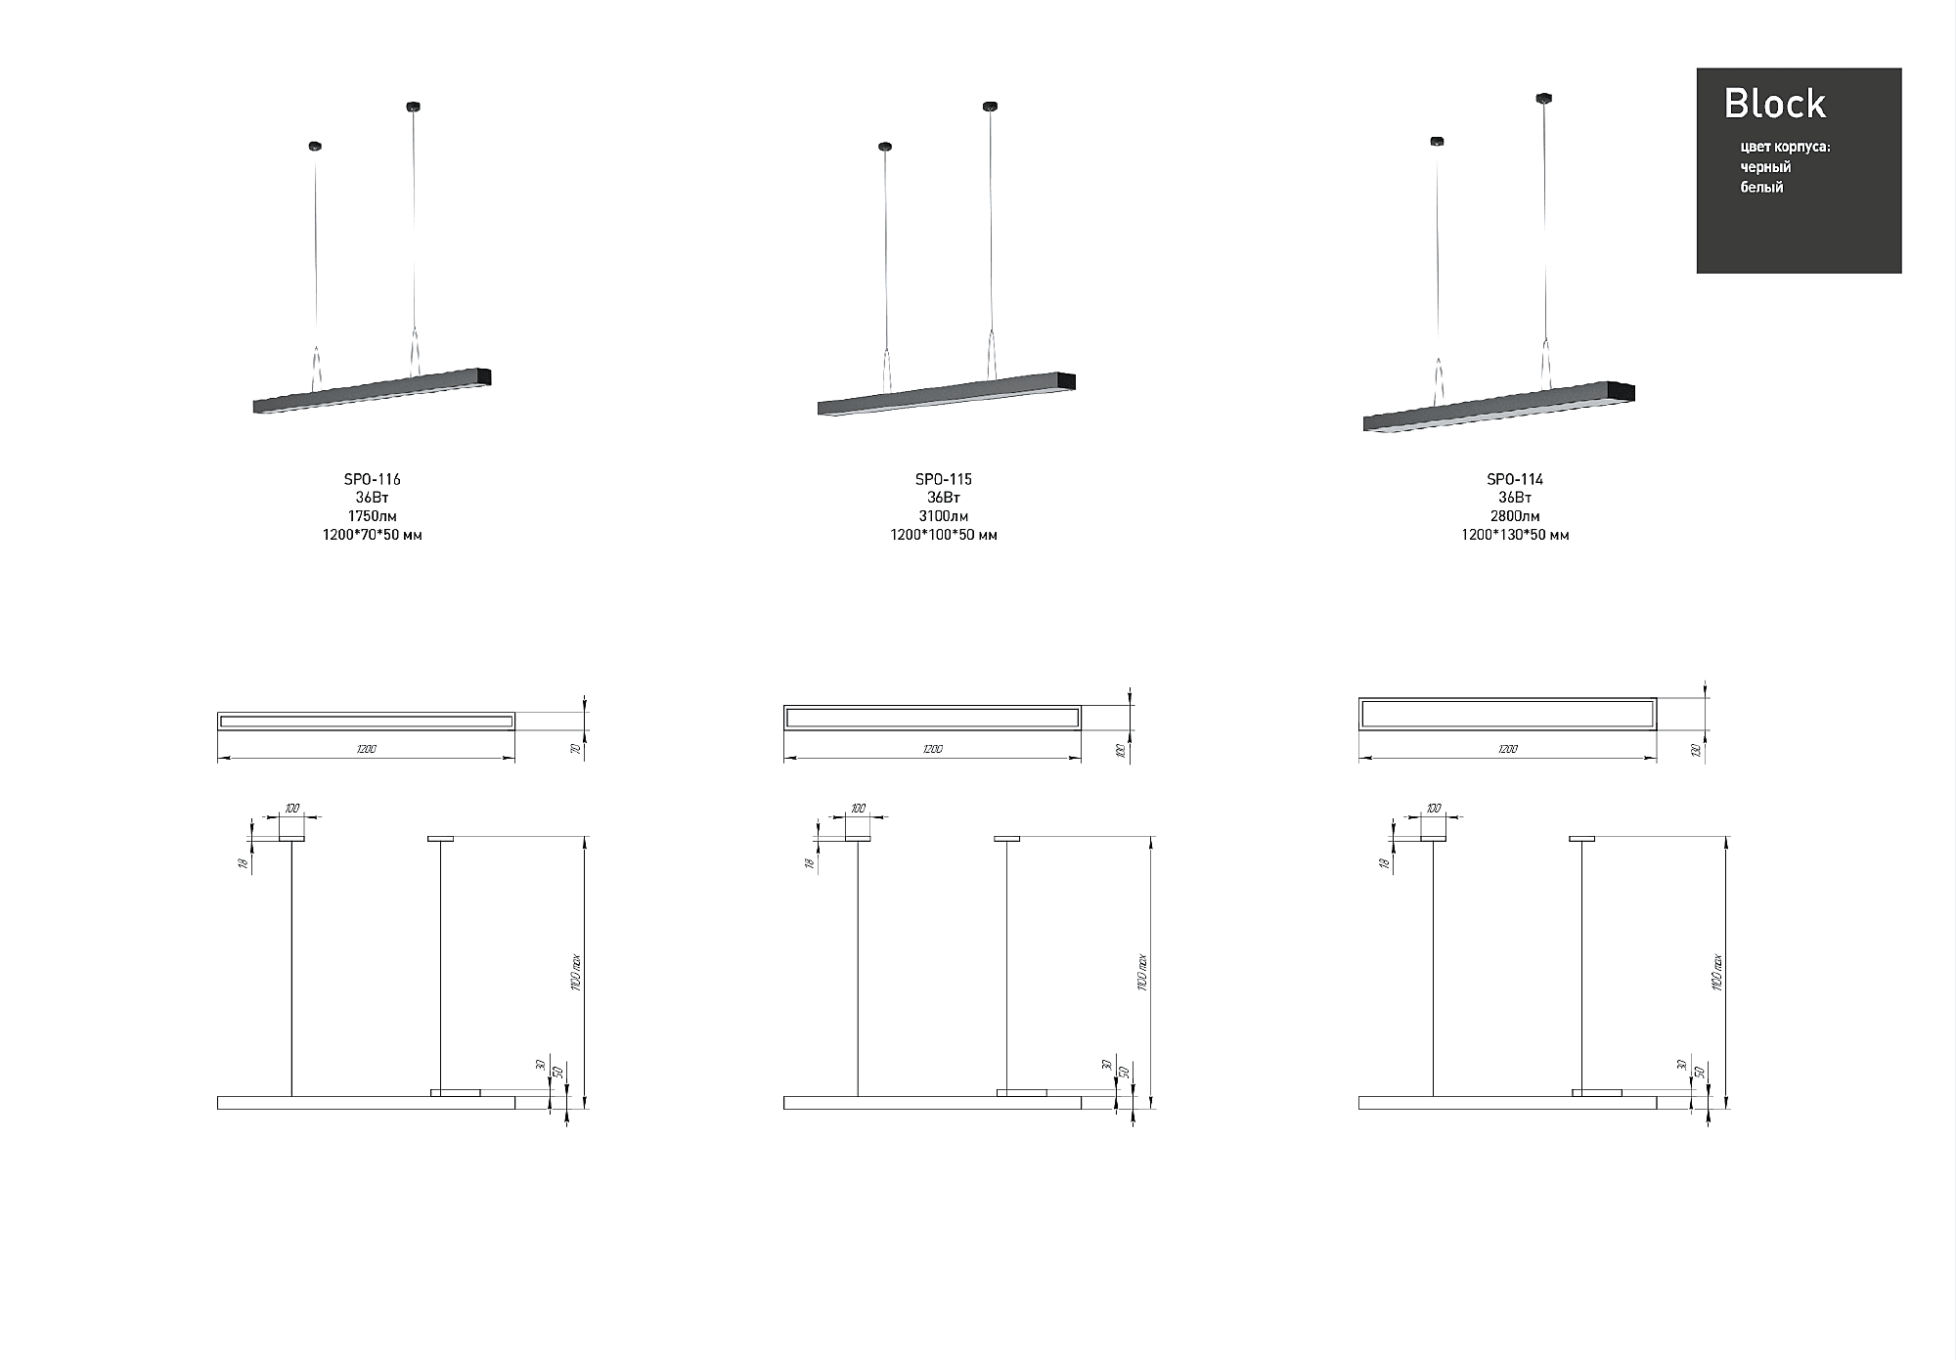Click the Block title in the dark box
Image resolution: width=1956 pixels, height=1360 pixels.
coord(1774,104)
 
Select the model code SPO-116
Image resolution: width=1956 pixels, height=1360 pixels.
coord(372,479)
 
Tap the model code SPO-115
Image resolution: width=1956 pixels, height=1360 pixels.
coord(943,479)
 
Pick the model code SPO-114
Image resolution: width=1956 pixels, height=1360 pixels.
coord(1514,479)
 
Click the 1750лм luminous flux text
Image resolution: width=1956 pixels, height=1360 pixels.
coord(372,516)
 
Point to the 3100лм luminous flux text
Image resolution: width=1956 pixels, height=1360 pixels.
coord(943,516)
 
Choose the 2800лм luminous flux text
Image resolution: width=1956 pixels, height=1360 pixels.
coord(1514,516)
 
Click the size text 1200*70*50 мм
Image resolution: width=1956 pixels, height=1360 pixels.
coord(372,535)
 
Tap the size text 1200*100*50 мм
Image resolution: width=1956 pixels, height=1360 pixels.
coord(943,535)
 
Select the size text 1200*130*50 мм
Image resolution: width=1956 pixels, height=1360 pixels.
coord(1514,535)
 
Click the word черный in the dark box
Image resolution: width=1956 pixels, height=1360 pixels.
coord(1765,167)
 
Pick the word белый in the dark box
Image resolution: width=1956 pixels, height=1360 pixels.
coord(1761,187)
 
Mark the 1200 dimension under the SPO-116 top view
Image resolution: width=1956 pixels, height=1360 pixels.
coord(366,749)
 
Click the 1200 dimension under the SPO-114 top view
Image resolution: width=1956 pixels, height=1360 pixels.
coord(1507,749)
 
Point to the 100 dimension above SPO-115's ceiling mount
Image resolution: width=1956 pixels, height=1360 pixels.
coord(858,809)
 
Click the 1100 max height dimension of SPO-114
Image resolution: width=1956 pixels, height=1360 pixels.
coord(1717,973)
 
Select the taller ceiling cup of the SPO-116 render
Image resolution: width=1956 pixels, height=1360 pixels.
coord(414,106)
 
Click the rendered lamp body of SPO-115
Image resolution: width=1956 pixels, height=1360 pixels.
coord(939,396)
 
